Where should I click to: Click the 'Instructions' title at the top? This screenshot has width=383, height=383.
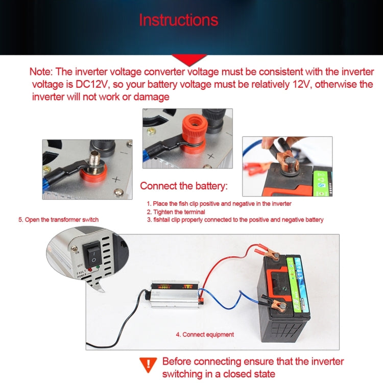[178, 20]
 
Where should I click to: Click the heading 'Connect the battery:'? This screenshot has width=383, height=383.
[184, 185]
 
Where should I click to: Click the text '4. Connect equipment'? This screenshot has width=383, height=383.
[205, 334]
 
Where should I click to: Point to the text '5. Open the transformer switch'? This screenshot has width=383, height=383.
[59, 220]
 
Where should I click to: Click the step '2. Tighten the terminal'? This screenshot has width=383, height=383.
[176, 211]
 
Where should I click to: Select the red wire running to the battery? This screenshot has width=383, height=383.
[220, 260]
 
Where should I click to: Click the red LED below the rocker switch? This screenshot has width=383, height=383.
[90, 269]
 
